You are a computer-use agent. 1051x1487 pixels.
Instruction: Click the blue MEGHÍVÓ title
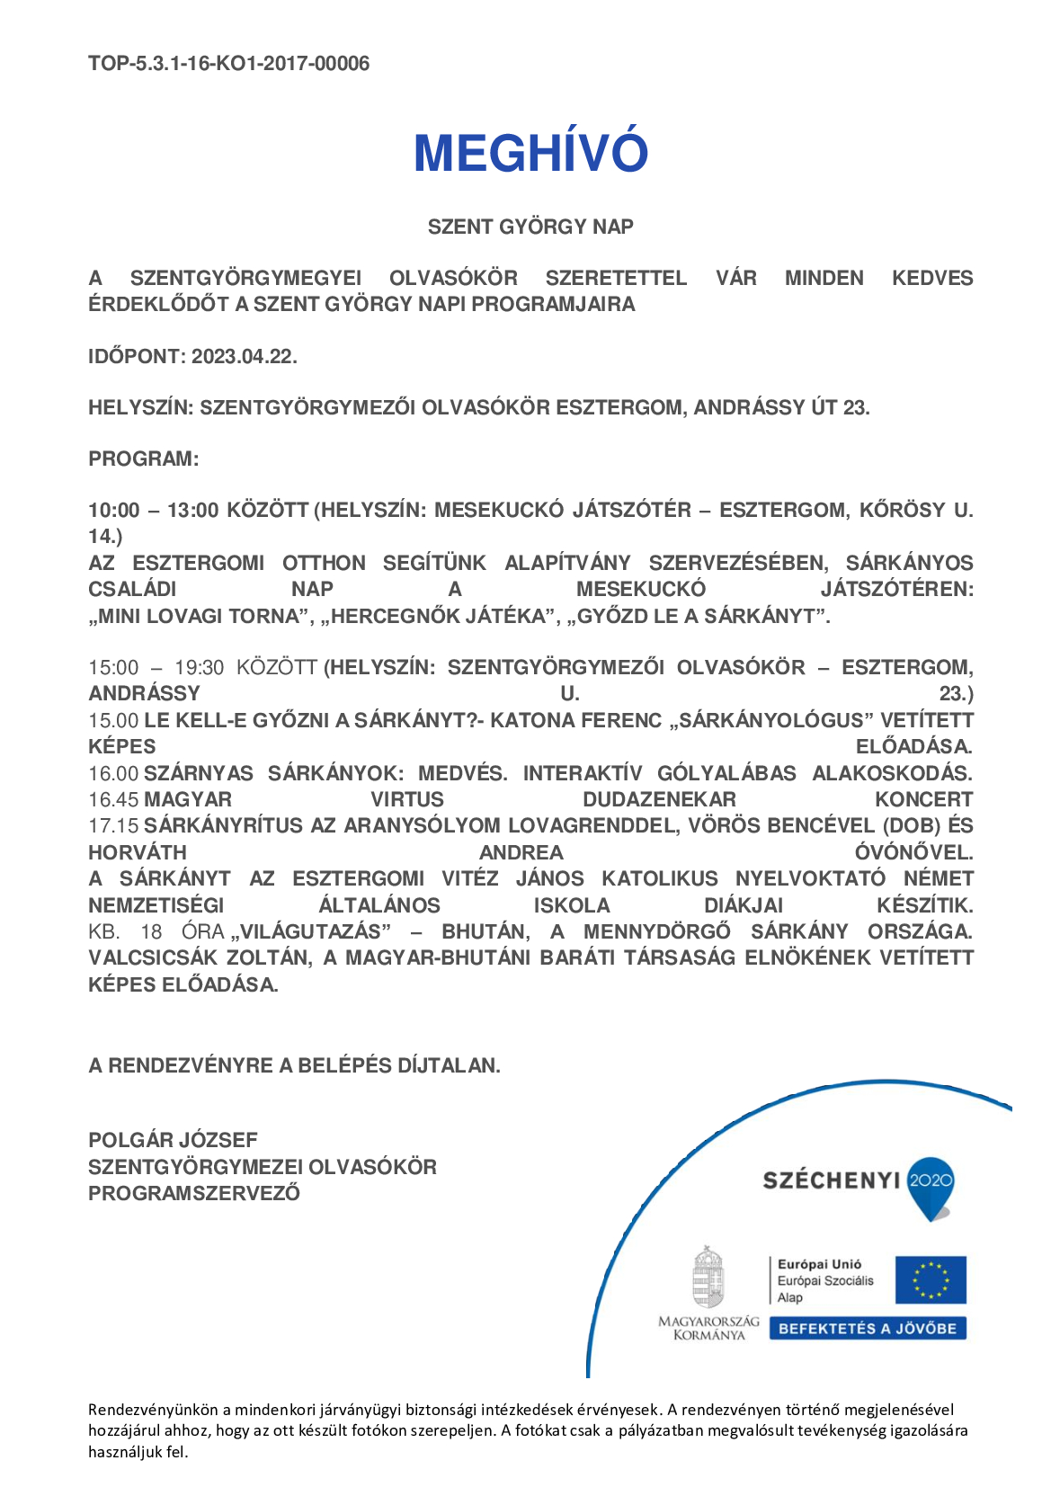(530, 153)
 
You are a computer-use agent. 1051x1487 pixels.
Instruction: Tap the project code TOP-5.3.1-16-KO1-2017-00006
(228, 64)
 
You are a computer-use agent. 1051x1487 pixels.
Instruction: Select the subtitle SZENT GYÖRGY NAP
(530, 227)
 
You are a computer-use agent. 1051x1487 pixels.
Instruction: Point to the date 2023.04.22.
(244, 356)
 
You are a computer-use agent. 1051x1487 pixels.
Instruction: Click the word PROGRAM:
(143, 459)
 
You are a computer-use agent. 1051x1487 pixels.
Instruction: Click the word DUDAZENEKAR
(659, 799)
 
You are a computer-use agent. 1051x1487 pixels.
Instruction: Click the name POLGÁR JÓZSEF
(173, 1140)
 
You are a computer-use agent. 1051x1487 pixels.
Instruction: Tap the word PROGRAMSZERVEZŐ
(194, 1193)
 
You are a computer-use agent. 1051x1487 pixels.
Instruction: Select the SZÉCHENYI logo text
(831, 1180)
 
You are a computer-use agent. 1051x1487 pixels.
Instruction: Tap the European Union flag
(931, 1279)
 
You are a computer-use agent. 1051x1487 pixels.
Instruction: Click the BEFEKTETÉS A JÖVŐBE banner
(867, 1329)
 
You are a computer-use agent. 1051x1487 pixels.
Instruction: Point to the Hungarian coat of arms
(708, 1277)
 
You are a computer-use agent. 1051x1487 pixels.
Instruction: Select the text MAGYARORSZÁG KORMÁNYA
(708, 1328)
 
